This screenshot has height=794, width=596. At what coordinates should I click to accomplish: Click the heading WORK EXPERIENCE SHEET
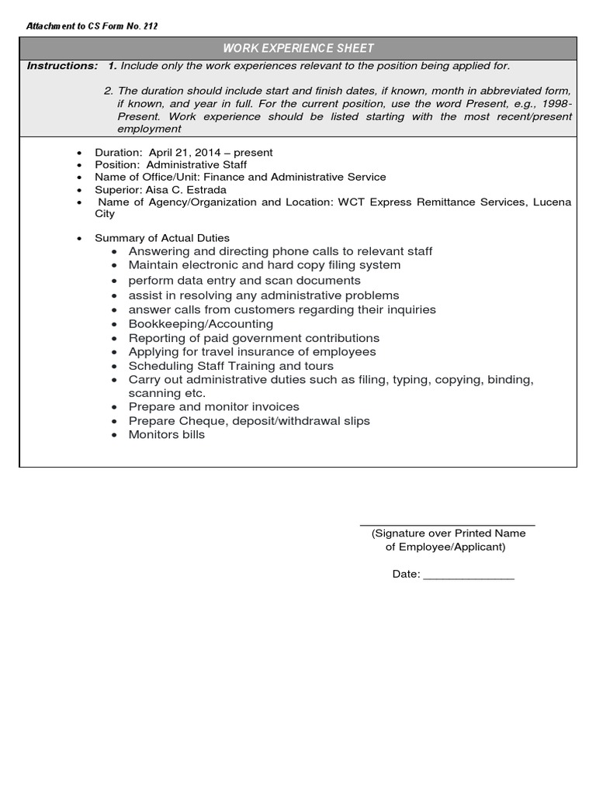[298, 48]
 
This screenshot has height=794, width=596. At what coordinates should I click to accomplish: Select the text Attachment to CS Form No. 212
[92, 26]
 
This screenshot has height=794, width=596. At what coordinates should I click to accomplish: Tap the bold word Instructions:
[62, 66]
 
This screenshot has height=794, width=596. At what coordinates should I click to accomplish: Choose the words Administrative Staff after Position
[196, 165]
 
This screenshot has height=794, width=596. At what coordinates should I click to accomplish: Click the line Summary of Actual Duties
[162, 238]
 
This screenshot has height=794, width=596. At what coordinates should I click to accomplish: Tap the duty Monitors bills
[167, 435]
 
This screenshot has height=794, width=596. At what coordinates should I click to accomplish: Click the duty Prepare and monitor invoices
[213, 407]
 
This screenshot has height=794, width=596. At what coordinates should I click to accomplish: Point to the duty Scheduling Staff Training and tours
[231, 366]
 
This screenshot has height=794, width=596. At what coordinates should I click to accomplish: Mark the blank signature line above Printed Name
[448, 526]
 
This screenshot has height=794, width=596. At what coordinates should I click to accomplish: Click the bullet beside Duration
[79, 154]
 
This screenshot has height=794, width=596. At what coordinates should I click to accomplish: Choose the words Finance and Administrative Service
[295, 178]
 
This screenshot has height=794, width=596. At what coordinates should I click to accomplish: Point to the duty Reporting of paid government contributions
[254, 339]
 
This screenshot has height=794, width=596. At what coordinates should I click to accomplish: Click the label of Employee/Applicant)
[445, 547]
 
